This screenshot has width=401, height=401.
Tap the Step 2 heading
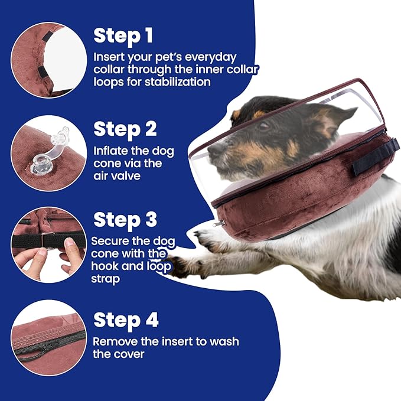tap(125, 129)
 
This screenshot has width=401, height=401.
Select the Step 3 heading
tap(125, 220)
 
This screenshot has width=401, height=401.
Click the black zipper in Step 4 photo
tap(47, 345)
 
